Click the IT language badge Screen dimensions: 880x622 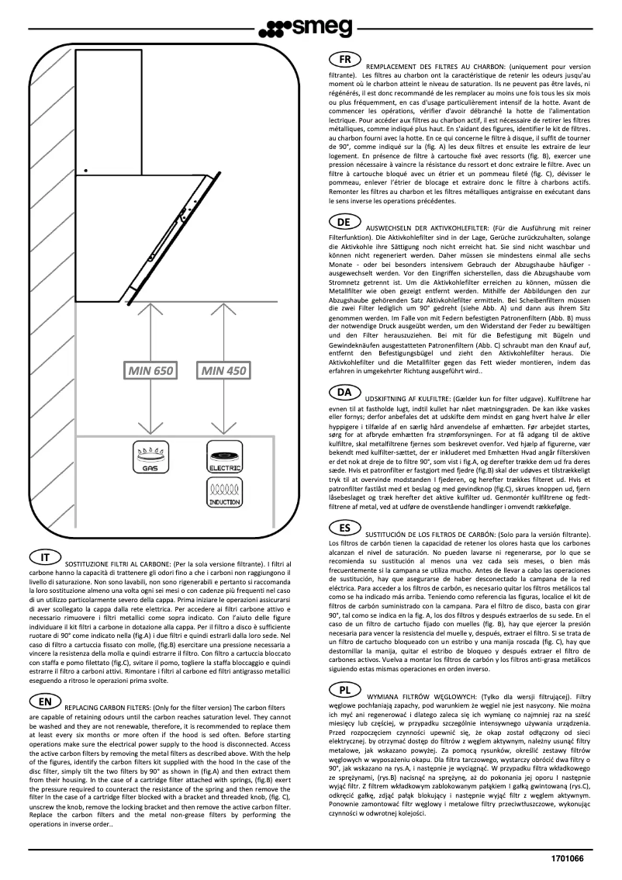click(46, 557)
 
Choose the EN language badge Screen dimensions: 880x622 click(46, 680)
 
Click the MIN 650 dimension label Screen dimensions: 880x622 click(146, 372)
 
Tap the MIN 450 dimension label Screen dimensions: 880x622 click(224, 372)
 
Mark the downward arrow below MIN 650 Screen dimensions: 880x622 click(146, 411)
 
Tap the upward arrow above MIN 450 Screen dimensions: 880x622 click(224, 326)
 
